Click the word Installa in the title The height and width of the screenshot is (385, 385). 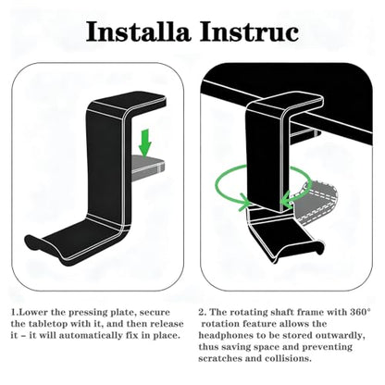(138, 31)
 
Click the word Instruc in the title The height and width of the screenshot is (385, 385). (249, 31)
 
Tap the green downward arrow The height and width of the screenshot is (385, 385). (144, 143)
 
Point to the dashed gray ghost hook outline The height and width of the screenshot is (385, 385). (317, 202)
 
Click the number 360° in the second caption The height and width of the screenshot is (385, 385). (360, 312)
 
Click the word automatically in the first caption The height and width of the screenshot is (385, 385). (88, 336)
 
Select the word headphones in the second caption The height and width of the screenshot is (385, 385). (222, 336)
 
